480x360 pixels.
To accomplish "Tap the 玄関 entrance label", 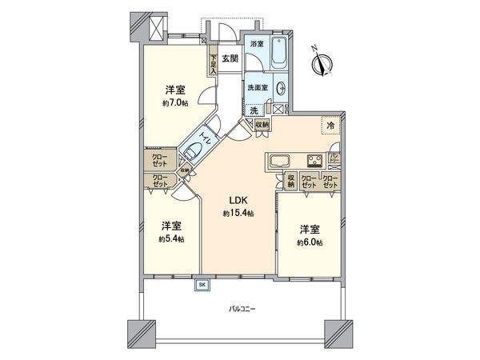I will tap(230, 58).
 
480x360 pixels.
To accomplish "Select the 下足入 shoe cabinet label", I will tap(214, 63).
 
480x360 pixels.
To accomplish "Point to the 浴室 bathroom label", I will tap(257, 43).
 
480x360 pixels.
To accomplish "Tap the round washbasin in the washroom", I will tap(282, 89).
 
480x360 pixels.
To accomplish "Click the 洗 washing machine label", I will tap(254, 110).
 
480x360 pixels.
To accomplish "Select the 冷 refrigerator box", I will tap(329, 126).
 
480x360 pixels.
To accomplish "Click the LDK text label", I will tap(238, 202).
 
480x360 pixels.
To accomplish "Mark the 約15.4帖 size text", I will tap(238, 214).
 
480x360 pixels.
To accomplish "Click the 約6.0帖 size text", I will tap(308, 241).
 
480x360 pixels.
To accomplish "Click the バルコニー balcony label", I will tap(240, 308).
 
